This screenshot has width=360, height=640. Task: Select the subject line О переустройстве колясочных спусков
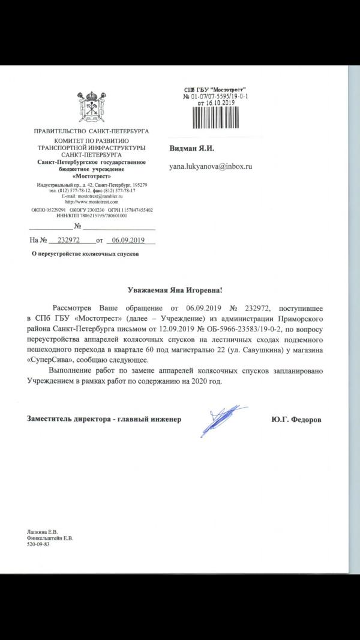click(84, 254)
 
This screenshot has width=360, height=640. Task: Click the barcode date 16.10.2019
click(218, 103)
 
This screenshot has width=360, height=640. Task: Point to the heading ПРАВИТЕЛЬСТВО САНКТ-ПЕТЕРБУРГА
click(91, 131)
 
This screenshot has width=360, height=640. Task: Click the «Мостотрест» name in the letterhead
click(92, 176)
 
